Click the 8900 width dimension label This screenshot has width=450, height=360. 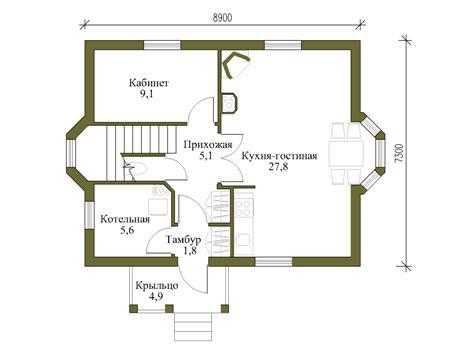pyautogui.click(x=223, y=18)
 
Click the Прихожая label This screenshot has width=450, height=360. pyautogui.click(x=208, y=145)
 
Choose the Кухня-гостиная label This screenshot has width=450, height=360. pyautogui.click(x=279, y=156)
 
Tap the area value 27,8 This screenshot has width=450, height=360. pyautogui.click(x=279, y=167)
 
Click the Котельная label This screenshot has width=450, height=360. pyautogui.click(x=125, y=219)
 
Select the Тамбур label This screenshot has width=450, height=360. pyautogui.click(x=184, y=240)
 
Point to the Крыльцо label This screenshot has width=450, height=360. pyautogui.click(x=157, y=286)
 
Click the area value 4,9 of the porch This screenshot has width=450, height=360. pyautogui.click(x=156, y=297)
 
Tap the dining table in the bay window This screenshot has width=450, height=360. pyautogui.click(x=346, y=154)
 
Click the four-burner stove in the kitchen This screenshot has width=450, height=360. pyautogui.click(x=244, y=207)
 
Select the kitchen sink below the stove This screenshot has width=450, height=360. pyautogui.click(x=243, y=239)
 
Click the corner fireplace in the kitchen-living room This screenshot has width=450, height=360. pyautogui.click(x=236, y=65)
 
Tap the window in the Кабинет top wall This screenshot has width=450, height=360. pyautogui.click(x=162, y=45)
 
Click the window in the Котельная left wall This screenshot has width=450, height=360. pyautogui.click(x=89, y=215)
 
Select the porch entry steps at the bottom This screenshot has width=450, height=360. pyautogui.click(x=193, y=326)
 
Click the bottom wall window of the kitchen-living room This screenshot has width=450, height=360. pyautogui.click(x=274, y=261)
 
